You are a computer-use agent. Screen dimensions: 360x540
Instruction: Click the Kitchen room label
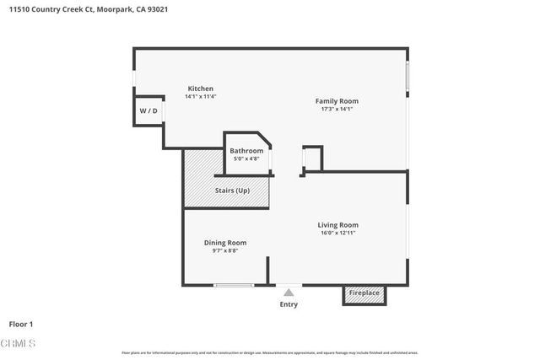(x=201, y=89)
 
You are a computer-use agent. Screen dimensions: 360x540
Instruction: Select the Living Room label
(x=337, y=225)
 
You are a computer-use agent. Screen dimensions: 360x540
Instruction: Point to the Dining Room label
(x=225, y=243)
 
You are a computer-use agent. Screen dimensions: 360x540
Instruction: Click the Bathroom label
(x=246, y=151)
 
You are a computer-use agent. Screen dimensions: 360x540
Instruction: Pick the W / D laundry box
(x=148, y=111)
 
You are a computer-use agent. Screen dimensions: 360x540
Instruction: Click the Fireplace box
(x=364, y=294)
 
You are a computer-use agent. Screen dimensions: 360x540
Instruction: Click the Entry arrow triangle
(x=289, y=292)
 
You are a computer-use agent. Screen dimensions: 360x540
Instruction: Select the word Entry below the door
(x=289, y=304)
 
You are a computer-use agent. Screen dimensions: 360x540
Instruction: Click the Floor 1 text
(x=20, y=324)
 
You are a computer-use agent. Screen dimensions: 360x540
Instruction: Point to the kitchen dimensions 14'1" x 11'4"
(x=201, y=97)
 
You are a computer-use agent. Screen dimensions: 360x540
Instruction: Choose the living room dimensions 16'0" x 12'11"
(x=337, y=234)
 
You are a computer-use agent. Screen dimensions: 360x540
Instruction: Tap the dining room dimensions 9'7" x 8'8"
(x=225, y=251)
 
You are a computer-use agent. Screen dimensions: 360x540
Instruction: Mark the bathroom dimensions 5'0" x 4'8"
(x=246, y=159)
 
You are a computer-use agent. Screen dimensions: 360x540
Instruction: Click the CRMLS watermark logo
(x=19, y=344)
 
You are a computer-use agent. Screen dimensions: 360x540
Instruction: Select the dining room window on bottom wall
(x=234, y=285)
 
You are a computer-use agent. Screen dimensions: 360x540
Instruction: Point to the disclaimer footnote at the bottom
(x=269, y=352)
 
